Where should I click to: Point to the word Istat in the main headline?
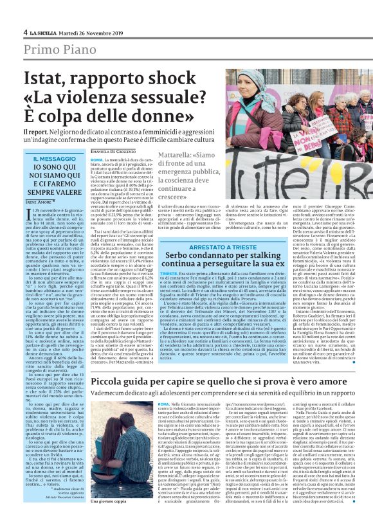43,80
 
